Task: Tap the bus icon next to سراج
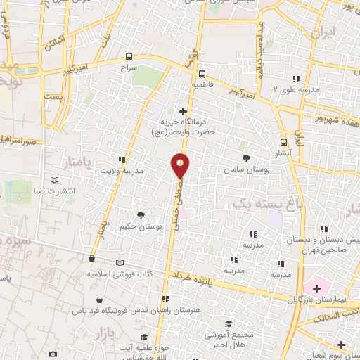(128, 56)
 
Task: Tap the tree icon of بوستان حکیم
(141, 215)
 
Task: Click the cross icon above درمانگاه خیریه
(183, 110)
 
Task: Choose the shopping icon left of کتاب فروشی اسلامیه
(91, 259)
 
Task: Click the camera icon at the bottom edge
(53, 354)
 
